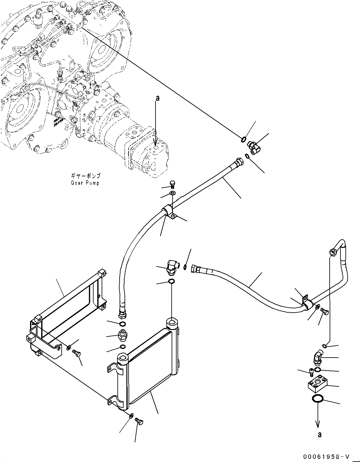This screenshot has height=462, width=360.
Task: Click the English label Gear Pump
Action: [x=85, y=183]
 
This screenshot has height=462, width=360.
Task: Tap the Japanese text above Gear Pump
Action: [x=85, y=176]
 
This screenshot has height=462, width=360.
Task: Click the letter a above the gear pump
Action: [x=157, y=98]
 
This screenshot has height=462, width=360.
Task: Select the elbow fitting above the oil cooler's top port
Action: [x=171, y=267]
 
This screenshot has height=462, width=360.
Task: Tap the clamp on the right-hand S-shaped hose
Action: [x=305, y=304]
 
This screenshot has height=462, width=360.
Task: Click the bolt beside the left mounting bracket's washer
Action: [x=76, y=352]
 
